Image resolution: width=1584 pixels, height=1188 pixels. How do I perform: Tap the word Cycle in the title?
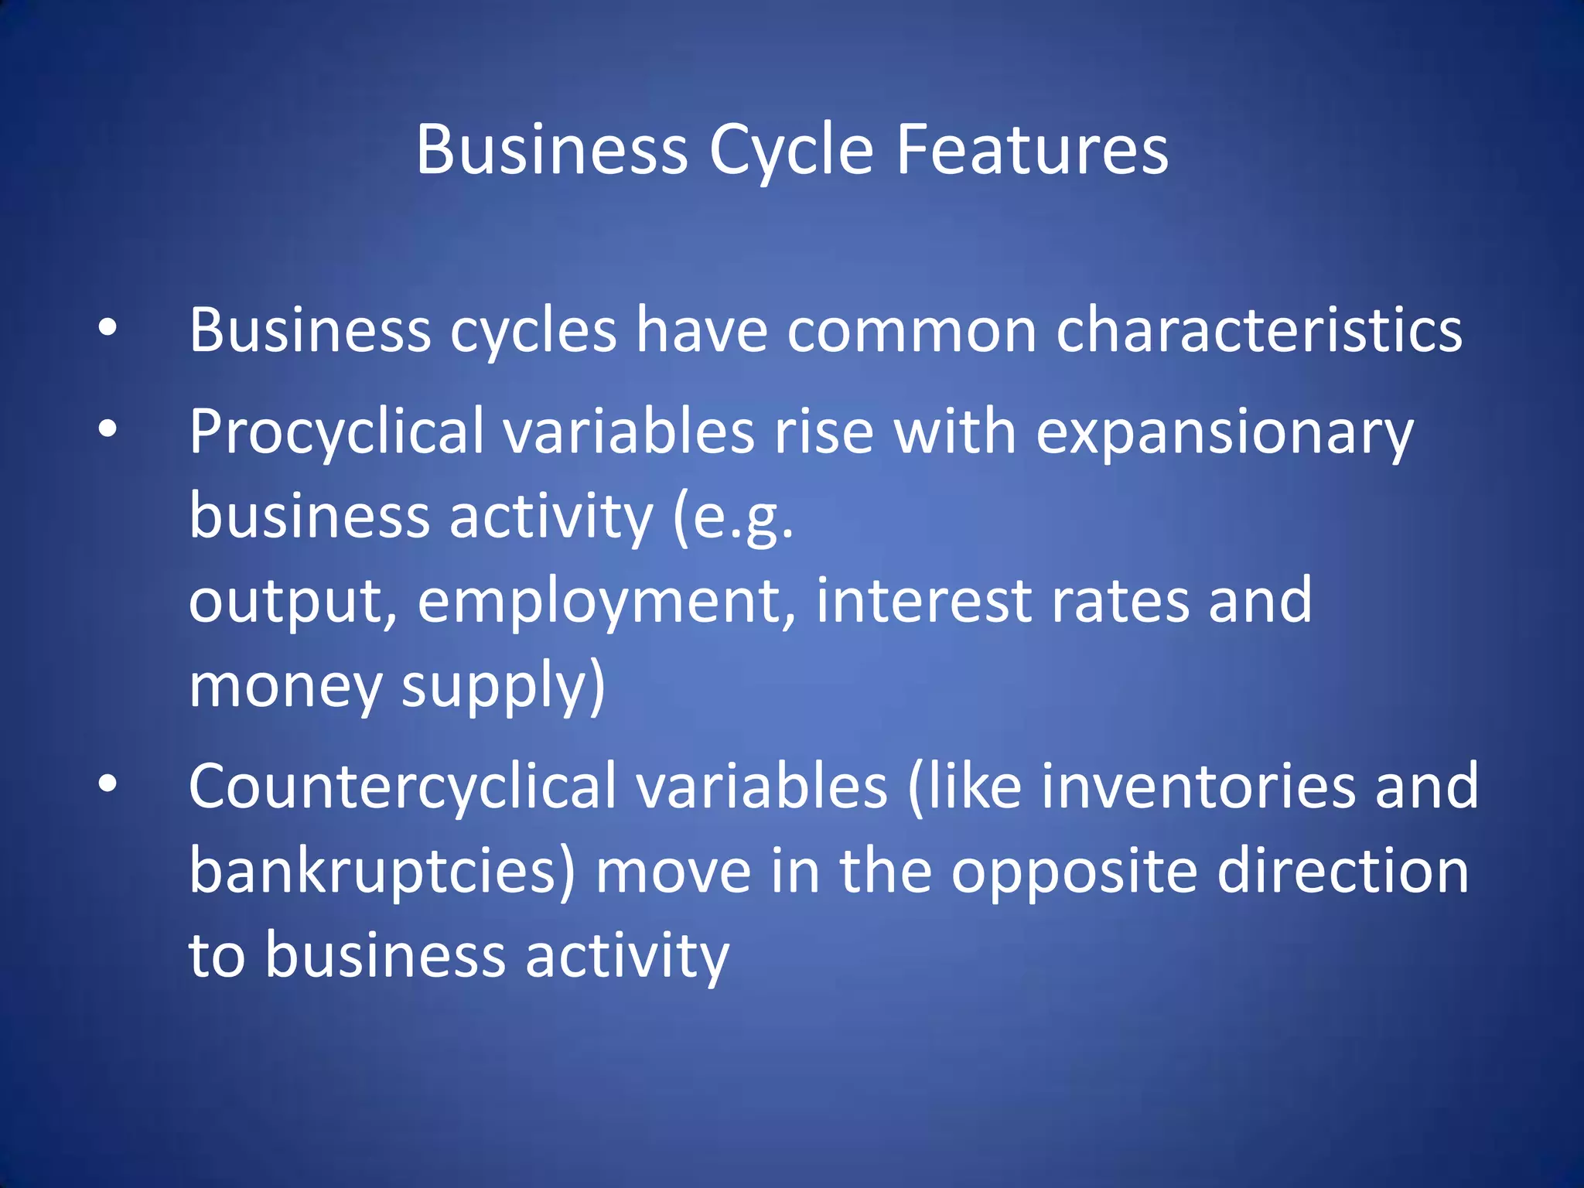tap(791, 151)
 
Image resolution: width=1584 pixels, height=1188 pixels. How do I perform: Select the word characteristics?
tap(1259, 330)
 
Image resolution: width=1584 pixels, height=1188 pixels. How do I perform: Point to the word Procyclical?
tap(336, 432)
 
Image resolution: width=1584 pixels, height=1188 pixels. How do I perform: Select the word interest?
tap(923, 601)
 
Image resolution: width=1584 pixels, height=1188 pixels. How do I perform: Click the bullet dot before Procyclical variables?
tap(108, 428)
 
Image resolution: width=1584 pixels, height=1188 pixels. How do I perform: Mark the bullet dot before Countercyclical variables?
tap(108, 783)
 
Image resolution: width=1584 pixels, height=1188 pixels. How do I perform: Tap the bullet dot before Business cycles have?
tap(108, 327)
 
